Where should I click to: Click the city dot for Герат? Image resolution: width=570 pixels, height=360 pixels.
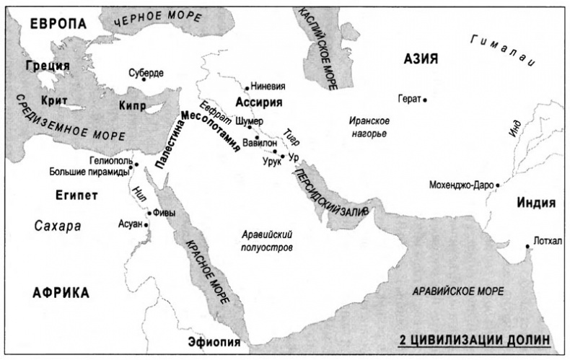click(426, 100)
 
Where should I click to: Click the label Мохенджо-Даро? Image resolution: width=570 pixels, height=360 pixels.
click(461, 185)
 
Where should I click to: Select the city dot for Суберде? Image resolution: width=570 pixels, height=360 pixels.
click(145, 80)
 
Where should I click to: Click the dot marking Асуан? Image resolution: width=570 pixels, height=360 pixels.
click(146, 225)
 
